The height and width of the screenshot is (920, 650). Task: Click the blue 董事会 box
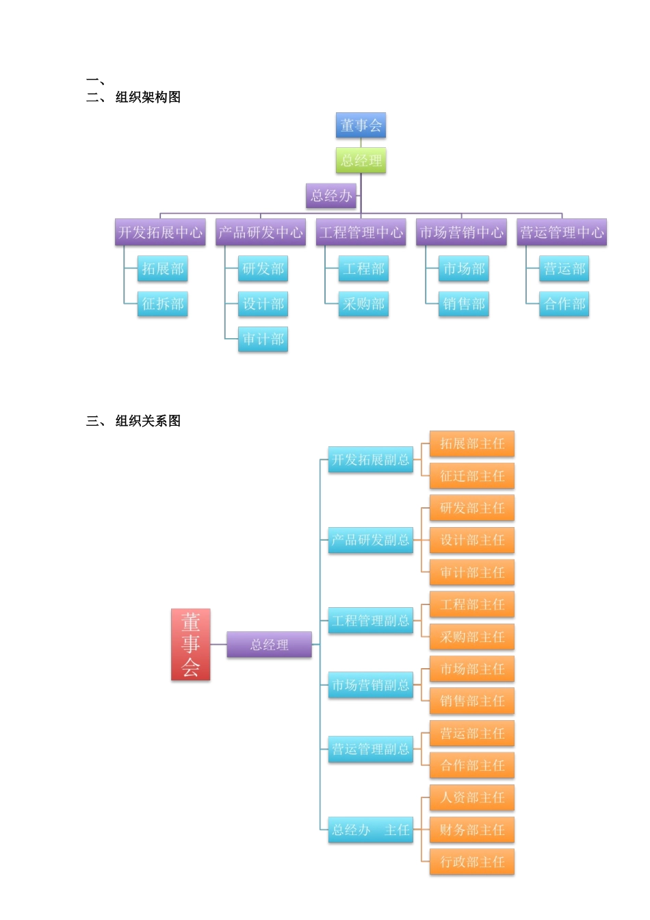[361, 125]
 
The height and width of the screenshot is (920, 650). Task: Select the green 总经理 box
[361, 161]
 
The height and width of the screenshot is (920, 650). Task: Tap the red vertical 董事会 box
[190, 644]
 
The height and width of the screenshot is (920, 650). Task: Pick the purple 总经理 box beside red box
[269, 644]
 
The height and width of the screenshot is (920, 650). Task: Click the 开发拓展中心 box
[160, 232]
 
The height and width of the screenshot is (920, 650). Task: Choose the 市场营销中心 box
[461, 232]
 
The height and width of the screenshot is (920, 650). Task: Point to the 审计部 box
[263, 339]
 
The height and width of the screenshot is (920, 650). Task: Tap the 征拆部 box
[163, 304]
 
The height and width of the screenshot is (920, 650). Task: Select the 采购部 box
[364, 304]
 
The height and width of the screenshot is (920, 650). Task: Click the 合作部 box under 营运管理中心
[564, 304]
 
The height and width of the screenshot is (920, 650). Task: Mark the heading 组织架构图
[148, 97]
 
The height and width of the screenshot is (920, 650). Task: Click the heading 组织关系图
[148, 421]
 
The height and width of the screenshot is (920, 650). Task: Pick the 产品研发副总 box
[370, 540]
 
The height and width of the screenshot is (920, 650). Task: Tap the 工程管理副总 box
[370, 621]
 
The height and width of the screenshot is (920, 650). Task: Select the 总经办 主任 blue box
[370, 830]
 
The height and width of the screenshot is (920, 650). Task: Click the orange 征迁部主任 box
[472, 476]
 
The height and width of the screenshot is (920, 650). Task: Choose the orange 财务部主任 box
[472, 830]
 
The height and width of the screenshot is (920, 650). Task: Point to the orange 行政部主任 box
[472, 862]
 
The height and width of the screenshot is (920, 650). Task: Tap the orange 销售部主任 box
[472, 701]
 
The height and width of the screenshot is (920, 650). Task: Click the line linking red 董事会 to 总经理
[218, 644]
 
